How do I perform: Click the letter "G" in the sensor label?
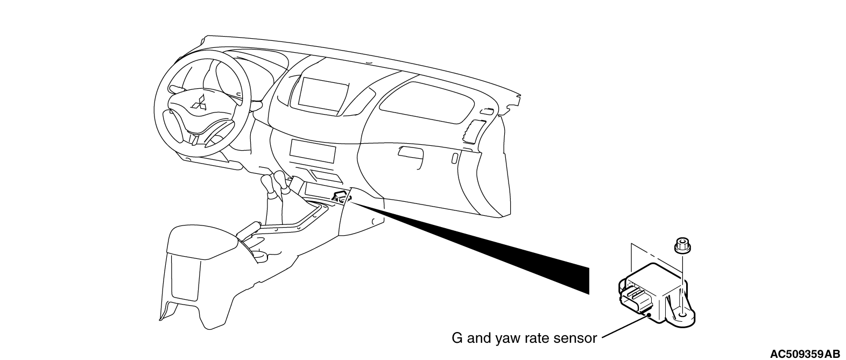tap(457, 338)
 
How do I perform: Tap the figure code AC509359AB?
tap(805, 354)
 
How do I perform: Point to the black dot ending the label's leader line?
tap(650, 315)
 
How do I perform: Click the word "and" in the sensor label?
tap(477, 338)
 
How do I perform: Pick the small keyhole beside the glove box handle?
tap(455, 158)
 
